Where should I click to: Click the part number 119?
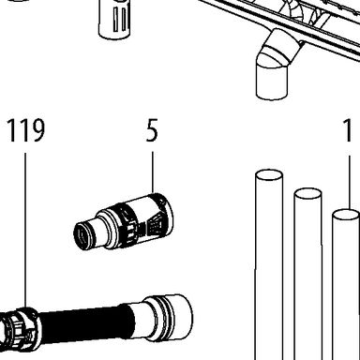[26, 130]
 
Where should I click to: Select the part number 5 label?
[152, 130]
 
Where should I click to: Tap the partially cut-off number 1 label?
[348, 130]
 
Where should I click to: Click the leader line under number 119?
[25, 231]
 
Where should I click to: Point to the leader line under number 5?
[153, 172]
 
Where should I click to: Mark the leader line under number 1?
[350, 183]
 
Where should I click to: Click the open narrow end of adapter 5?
[81, 235]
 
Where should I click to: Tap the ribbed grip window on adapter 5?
[154, 226]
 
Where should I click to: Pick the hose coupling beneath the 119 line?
[20, 328]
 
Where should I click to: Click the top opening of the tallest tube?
[269, 175]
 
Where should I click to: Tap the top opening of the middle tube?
[307, 194]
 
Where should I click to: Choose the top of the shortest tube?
[346, 216]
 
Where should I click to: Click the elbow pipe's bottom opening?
[271, 94]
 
